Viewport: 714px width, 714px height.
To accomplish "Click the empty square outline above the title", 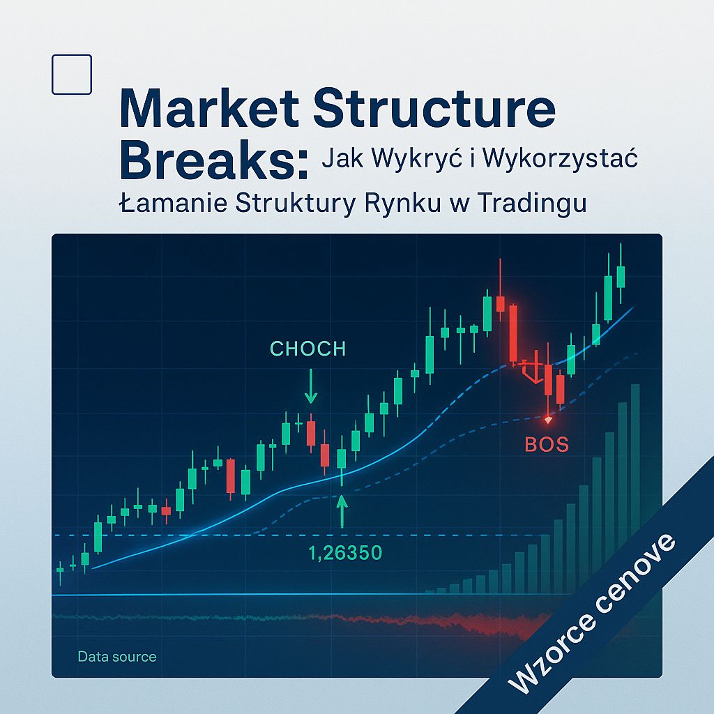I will (x=72, y=75).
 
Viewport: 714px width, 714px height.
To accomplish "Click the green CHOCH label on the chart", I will (x=307, y=348).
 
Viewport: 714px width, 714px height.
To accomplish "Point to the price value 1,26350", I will (x=345, y=554).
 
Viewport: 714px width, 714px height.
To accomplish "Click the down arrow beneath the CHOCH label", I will (x=311, y=390).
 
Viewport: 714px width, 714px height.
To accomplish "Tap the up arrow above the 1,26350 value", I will (x=342, y=510).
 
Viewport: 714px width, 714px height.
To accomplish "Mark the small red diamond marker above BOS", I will (x=548, y=420).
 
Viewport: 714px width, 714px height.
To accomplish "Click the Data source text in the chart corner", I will (x=117, y=657).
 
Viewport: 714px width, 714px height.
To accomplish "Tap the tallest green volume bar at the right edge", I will (x=635, y=488).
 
